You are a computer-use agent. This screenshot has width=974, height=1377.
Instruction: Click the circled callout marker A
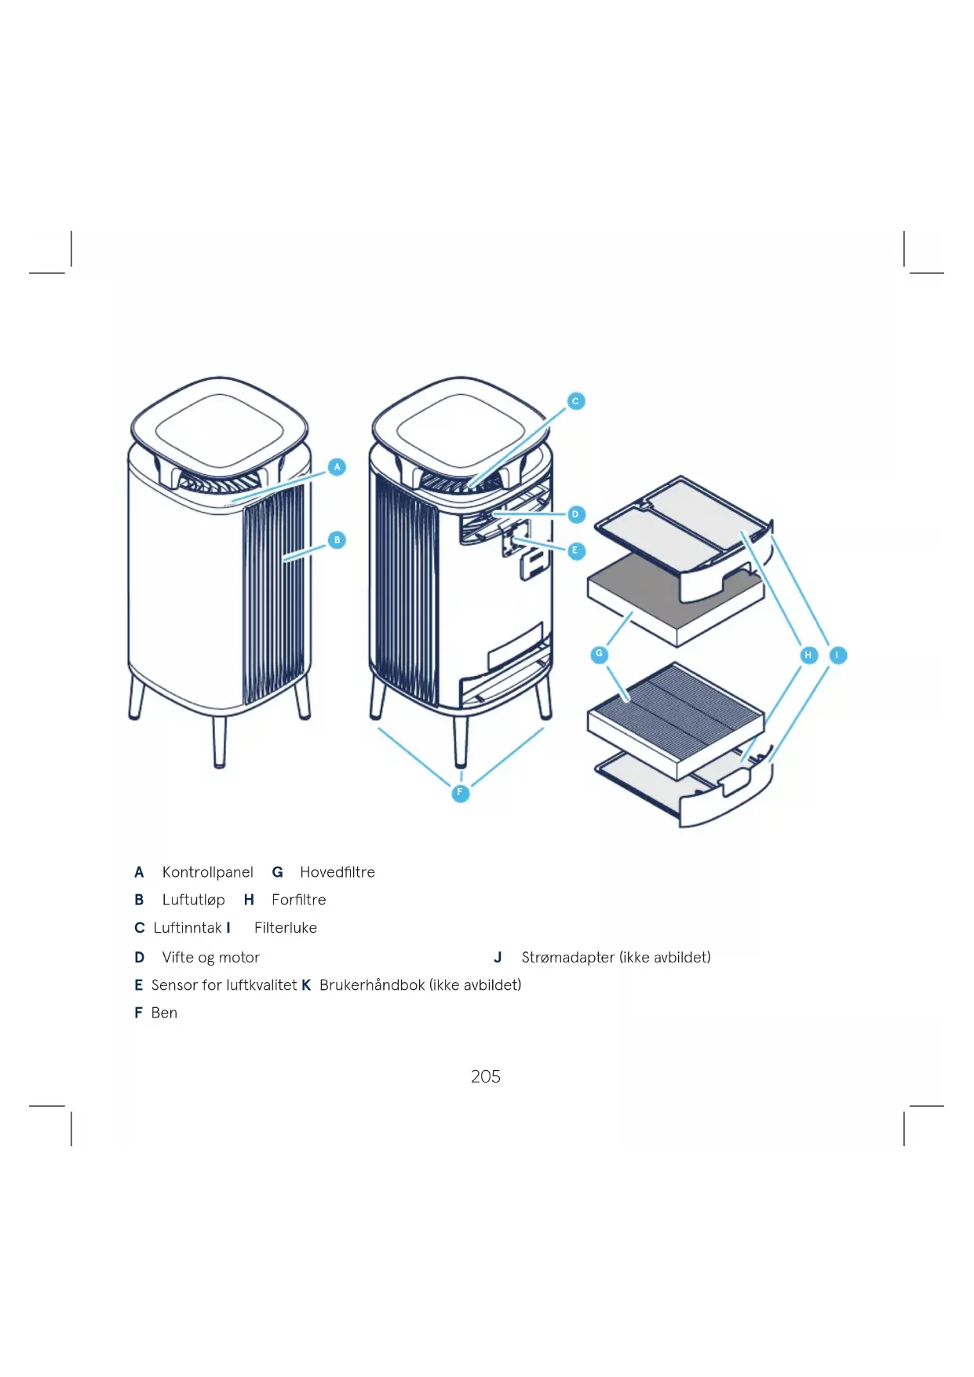(x=337, y=467)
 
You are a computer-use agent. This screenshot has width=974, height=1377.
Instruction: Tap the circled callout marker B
(x=337, y=540)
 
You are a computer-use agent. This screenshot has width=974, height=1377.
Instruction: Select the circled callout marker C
(x=575, y=401)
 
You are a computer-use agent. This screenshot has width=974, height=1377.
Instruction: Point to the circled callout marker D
(x=575, y=514)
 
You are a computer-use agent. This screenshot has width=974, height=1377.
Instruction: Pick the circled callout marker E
(x=575, y=550)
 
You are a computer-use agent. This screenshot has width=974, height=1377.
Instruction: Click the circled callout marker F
(x=461, y=793)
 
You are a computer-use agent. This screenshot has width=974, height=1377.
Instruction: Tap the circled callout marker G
(x=600, y=654)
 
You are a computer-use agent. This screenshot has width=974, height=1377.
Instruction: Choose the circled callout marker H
(x=808, y=655)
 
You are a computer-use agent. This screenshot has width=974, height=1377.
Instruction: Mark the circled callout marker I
(x=837, y=655)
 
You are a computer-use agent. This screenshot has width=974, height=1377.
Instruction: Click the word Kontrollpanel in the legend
(x=207, y=872)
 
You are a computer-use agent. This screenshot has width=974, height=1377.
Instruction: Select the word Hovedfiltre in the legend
(x=337, y=872)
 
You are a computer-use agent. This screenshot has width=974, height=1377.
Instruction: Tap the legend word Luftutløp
(x=193, y=900)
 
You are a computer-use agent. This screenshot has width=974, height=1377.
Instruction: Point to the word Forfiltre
(x=298, y=900)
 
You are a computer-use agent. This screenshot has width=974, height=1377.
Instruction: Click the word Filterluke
(x=285, y=928)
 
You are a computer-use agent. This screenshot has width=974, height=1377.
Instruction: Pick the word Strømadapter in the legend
(x=567, y=957)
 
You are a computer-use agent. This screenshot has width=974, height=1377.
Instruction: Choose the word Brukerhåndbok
(x=372, y=985)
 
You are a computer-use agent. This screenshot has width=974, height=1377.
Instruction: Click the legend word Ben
(x=164, y=1013)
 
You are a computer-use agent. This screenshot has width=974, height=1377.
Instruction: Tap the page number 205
(x=485, y=1076)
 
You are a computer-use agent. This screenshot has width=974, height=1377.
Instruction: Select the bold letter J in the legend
(x=498, y=957)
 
